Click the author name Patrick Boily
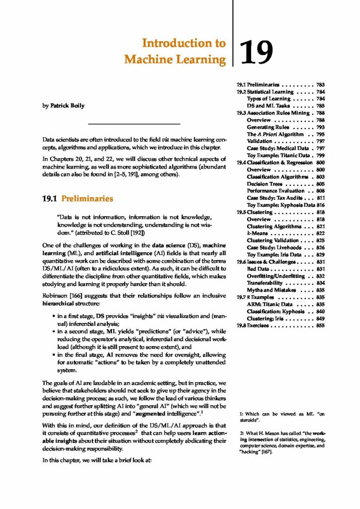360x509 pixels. [64, 106]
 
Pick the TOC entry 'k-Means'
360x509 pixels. [257, 233]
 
